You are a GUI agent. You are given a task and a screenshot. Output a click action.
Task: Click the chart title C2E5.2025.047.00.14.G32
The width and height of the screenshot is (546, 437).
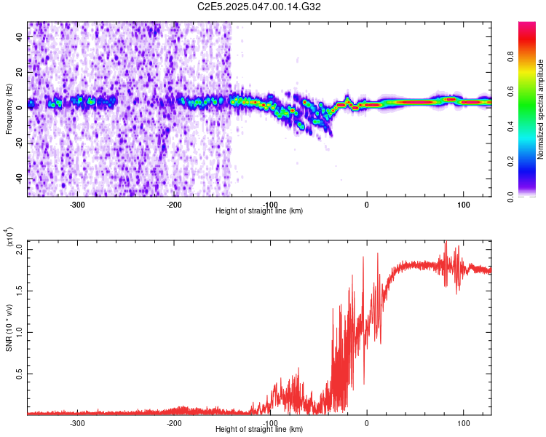click(259, 7)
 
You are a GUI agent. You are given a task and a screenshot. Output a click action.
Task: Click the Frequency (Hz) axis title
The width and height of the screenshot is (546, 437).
click(9, 109)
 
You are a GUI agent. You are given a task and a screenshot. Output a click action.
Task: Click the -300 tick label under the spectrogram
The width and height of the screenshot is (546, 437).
click(77, 204)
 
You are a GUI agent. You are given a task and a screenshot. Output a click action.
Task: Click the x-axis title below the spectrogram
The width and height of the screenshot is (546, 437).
click(259, 210)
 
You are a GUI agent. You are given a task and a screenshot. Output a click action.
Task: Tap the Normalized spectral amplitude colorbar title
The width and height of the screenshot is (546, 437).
click(541, 109)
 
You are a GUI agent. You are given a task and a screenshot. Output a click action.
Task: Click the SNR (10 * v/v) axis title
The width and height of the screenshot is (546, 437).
click(9, 328)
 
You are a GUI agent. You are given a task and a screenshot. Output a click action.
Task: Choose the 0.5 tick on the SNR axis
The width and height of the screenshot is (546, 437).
click(20, 374)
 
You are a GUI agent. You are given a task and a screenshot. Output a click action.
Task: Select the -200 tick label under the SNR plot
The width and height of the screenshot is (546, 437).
click(174, 423)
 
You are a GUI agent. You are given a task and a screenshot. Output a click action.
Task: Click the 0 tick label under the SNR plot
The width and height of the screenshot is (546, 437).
click(367, 423)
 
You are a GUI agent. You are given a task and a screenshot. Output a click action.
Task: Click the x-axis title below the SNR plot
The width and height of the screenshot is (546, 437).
click(259, 430)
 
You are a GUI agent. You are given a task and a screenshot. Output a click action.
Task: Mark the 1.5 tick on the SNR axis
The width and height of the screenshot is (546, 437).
click(20, 290)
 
